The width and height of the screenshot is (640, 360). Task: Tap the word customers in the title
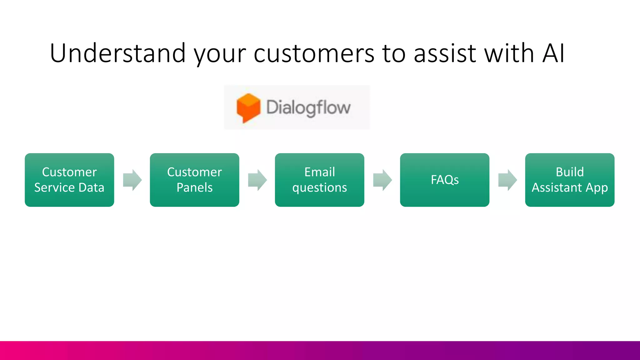(x=314, y=53)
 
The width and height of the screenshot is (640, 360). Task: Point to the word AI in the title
(x=553, y=53)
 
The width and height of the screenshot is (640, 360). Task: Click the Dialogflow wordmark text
(x=308, y=108)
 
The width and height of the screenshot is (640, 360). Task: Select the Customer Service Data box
(x=69, y=180)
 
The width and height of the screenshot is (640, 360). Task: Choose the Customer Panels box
(x=194, y=180)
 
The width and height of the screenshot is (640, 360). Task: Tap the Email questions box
(x=319, y=180)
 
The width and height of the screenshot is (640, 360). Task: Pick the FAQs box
(x=444, y=180)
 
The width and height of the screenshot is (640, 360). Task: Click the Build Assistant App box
(x=569, y=180)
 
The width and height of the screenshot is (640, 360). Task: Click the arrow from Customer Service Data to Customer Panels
(x=132, y=180)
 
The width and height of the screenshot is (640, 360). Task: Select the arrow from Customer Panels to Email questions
(x=257, y=180)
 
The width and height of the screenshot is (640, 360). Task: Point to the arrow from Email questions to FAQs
(x=382, y=180)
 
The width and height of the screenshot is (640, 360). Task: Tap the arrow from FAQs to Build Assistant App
(x=507, y=180)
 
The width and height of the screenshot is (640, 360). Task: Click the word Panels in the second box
(x=194, y=187)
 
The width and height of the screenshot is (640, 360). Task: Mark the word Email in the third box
(x=319, y=172)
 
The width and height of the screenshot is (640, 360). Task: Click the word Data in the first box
(x=91, y=187)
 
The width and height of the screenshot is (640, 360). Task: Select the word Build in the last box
(x=569, y=172)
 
